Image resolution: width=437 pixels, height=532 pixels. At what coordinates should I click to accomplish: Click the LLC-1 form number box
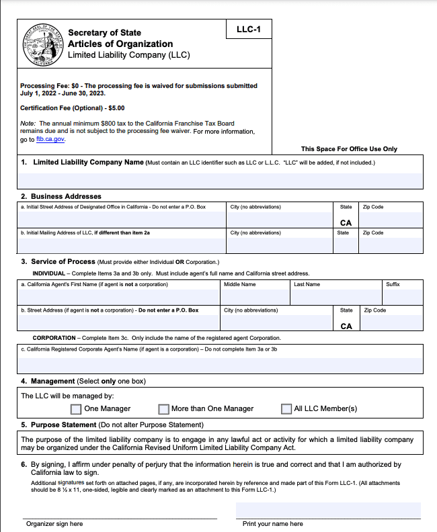(249, 30)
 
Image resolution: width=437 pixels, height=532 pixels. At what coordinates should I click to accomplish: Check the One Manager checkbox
(76, 409)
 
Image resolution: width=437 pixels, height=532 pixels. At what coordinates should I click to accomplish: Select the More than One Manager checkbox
(163, 409)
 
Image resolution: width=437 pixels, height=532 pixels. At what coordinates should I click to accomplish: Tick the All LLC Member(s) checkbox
(286, 409)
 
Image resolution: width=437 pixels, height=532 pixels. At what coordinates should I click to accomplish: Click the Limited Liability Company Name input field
(221, 180)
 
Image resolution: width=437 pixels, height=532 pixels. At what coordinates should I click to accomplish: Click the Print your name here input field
(328, 511)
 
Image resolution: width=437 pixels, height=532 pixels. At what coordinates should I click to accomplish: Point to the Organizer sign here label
(54, 524)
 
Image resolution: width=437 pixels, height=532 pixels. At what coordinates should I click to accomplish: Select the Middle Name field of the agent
(255, 297)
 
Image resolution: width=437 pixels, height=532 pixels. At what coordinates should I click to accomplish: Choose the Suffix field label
(393, 285)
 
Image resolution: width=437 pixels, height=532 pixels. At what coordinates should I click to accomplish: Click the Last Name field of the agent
(335, 297)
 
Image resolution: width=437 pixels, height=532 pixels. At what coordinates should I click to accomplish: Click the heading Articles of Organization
(120, 44)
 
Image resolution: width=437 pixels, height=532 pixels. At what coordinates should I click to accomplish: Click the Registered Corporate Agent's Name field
(221, 363)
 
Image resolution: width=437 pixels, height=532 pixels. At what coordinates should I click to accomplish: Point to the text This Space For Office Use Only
(349, 149)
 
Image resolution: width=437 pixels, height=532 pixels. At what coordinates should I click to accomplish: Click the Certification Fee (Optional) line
(72, 107)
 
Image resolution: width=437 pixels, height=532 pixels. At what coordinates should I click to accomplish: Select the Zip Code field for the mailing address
(391, 245)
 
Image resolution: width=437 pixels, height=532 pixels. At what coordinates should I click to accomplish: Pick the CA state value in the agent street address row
(346, 326)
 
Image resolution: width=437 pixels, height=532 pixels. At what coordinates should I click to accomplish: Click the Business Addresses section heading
(66, 196)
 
